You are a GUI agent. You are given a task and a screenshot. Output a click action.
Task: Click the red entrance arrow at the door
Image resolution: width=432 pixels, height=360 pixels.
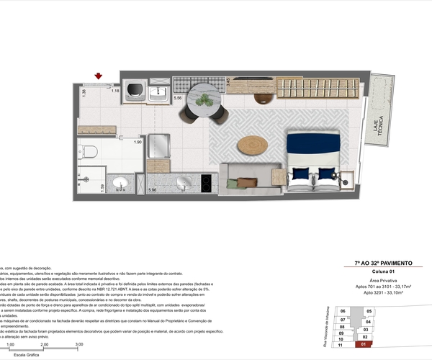point(99,76)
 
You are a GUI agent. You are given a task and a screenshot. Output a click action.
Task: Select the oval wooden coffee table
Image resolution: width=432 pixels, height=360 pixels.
point(252,145)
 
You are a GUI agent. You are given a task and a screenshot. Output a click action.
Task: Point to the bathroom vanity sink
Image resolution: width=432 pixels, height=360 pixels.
point(120,183)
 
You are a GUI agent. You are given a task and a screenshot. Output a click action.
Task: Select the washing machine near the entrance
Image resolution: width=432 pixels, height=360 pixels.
point(134,91)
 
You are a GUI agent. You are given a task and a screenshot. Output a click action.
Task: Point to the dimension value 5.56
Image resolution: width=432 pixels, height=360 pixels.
point(178,96)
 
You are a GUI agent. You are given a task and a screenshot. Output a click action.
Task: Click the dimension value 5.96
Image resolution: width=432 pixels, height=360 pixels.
point(152,189)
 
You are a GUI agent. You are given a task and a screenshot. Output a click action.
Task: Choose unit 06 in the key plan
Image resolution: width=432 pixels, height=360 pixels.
point(343,311)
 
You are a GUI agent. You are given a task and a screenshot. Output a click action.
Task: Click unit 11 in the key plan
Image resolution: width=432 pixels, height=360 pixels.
point(342,345)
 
